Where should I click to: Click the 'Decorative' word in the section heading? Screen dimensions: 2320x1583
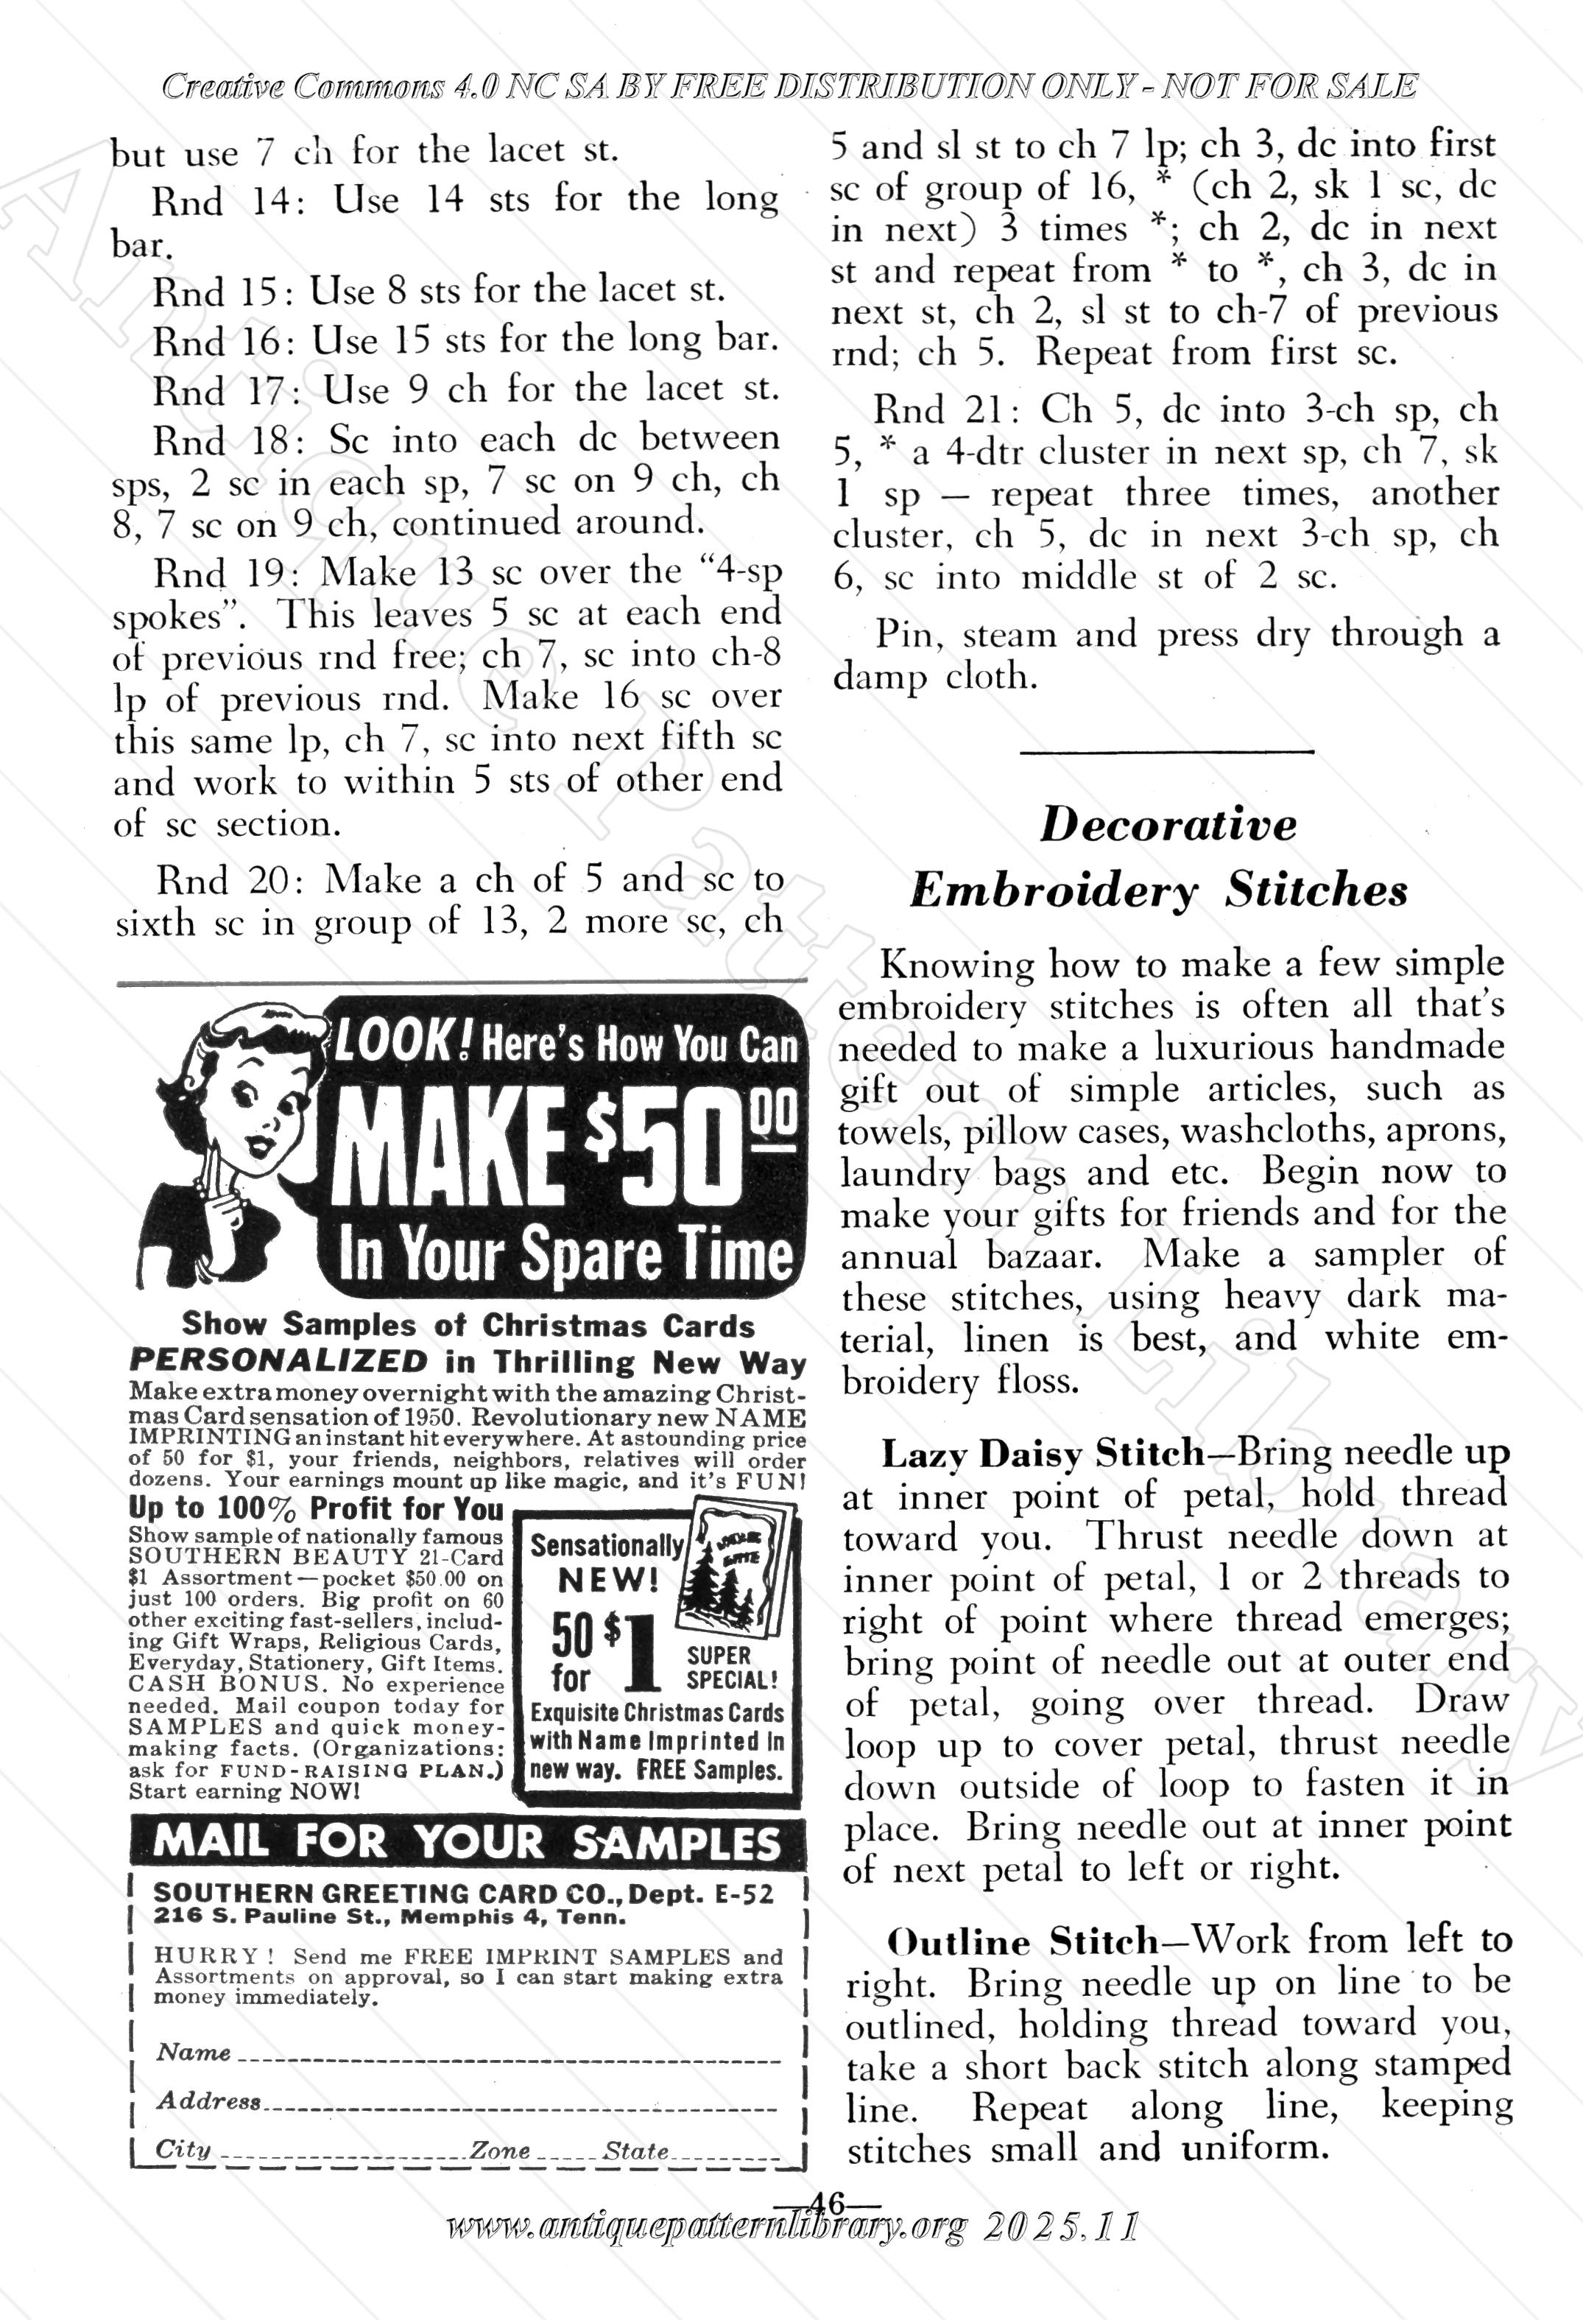click(1168, 825)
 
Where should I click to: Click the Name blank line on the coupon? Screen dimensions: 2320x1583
click(509, 2059)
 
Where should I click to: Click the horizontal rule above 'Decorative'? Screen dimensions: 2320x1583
click(1166, 751)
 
